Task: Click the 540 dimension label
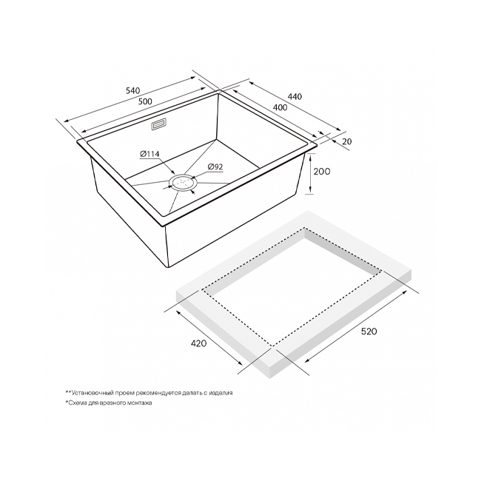(132, 90)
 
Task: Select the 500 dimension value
(145, 101)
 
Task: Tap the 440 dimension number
(295, 96)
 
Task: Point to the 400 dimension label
(280, 107)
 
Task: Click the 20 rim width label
(346, 141)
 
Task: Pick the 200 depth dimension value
(322, 171)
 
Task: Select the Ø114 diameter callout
(149, 154)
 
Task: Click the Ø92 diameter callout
(215, 167)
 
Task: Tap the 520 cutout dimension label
(369, 332)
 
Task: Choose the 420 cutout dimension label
(199, 343)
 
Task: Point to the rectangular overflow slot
(159, 125)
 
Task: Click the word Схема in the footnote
(78, 403)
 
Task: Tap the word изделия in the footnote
(221, 393)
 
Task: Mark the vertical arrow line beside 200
(311, 174)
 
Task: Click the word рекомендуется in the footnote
(158, 393)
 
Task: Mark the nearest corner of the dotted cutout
(272, 346)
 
